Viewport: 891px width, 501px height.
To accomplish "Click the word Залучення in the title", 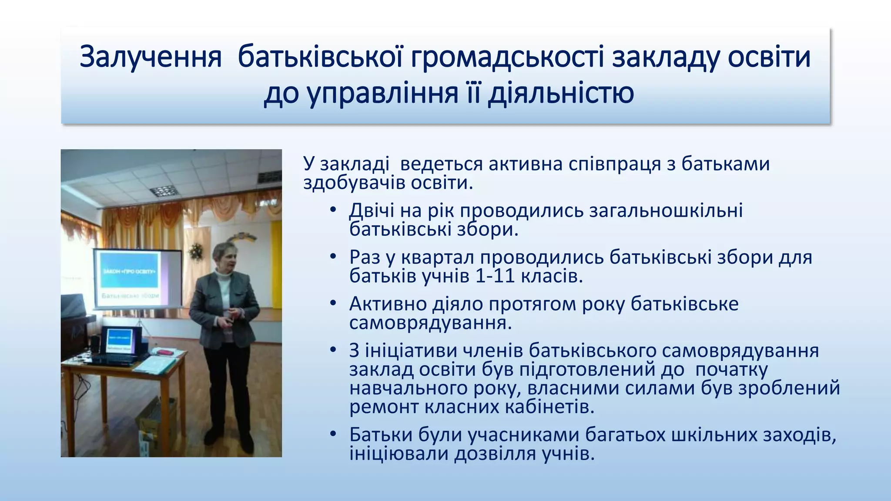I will click(151, 57).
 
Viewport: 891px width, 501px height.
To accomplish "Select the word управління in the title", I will click(383, 93).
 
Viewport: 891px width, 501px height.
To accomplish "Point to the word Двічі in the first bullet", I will click(372, 210).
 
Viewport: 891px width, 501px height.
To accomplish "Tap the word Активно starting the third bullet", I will click(388, 304).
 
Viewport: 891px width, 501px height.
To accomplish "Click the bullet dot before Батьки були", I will click(333, 434).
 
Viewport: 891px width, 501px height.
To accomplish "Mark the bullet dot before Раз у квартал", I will click(333, 257).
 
